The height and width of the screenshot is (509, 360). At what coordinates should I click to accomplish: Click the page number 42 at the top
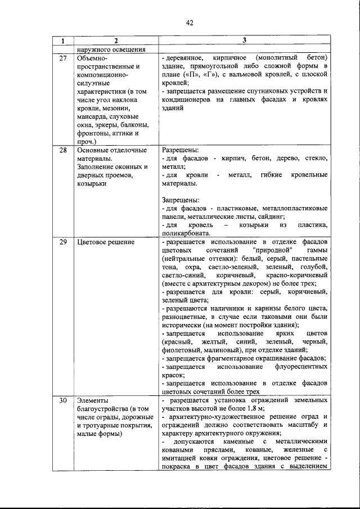pyautogui.click(x=189, y=22)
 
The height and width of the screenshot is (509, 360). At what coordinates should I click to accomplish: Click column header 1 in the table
pyautogui.click(x=63, y=41)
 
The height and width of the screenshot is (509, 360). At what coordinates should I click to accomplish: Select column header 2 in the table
pyautogui.click(x=115, y=41)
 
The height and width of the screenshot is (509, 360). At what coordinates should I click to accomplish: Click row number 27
pyautogui.click(x=63, y=58)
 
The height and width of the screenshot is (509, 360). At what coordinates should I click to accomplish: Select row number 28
pyautogui.click(x=63, y=150)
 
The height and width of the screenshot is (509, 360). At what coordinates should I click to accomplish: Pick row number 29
pyautogui.click(x=63, y=242)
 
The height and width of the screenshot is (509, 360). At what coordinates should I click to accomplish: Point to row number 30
pyautogui.click(x=63, y=400)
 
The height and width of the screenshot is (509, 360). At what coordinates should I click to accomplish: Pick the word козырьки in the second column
pyautogui.click(x=91, y=184)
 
